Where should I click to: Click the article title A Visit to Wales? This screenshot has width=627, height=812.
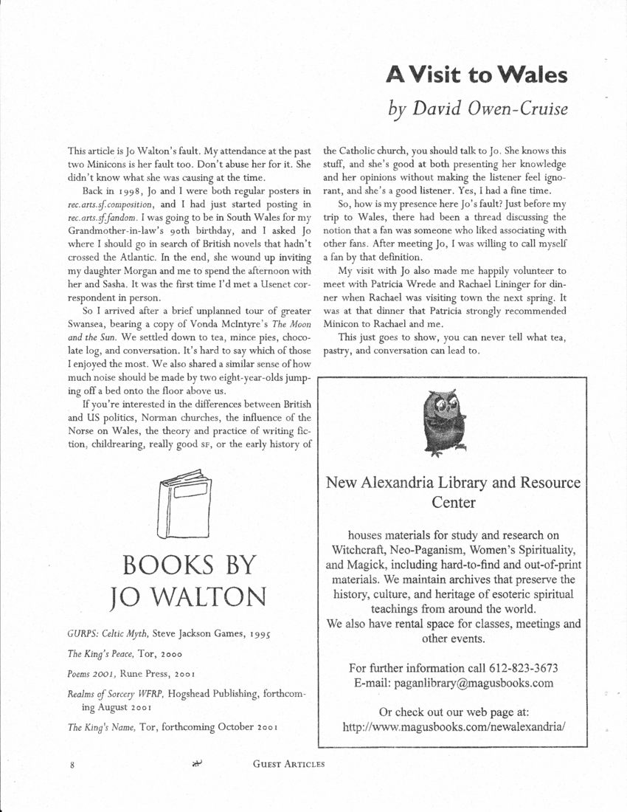(477, 75)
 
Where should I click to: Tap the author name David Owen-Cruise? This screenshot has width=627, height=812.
(478, 109)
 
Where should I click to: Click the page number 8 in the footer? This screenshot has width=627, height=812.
(73, 765)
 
